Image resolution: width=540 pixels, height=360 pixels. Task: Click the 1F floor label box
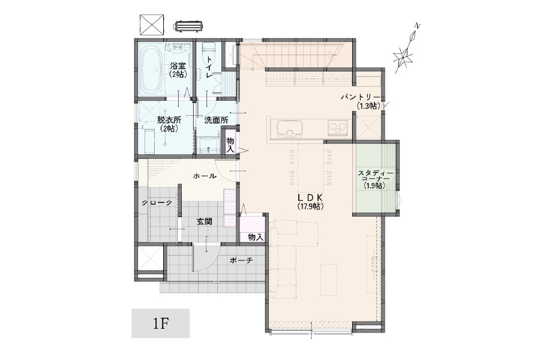coord(160,323)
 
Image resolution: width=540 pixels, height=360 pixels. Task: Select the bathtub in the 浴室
coord(151,71)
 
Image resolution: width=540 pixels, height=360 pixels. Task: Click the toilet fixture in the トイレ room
coord(208,50)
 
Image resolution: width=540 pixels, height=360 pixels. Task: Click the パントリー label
coord(361,97)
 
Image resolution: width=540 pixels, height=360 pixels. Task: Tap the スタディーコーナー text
coord(373,176)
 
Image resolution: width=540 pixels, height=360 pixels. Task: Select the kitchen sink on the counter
coord(289,128)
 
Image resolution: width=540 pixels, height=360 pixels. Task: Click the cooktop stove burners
coord(337,128)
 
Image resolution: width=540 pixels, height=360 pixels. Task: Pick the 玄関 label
coord(204,222)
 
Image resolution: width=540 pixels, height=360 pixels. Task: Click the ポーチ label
coord(241,260)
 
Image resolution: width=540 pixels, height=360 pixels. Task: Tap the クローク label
coord(157,203)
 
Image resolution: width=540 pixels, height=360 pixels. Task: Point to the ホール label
coord(205,176)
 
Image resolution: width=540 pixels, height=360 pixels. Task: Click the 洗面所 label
coord(216,120)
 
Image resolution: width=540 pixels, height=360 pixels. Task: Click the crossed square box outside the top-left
coord(152,25)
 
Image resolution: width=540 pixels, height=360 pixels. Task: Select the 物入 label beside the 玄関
coord(256,238)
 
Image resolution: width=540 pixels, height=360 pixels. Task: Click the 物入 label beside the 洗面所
coord(230,145)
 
